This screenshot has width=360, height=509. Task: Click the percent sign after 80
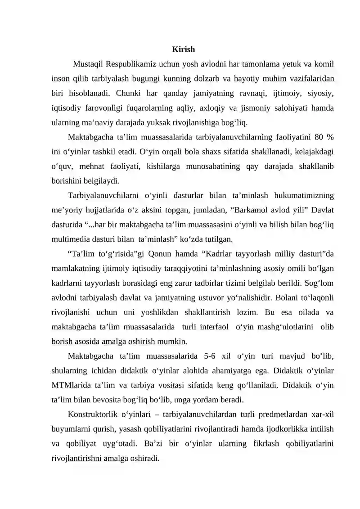[x=330, y=137]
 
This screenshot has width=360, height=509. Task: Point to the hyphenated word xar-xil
[x=321, y=414]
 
